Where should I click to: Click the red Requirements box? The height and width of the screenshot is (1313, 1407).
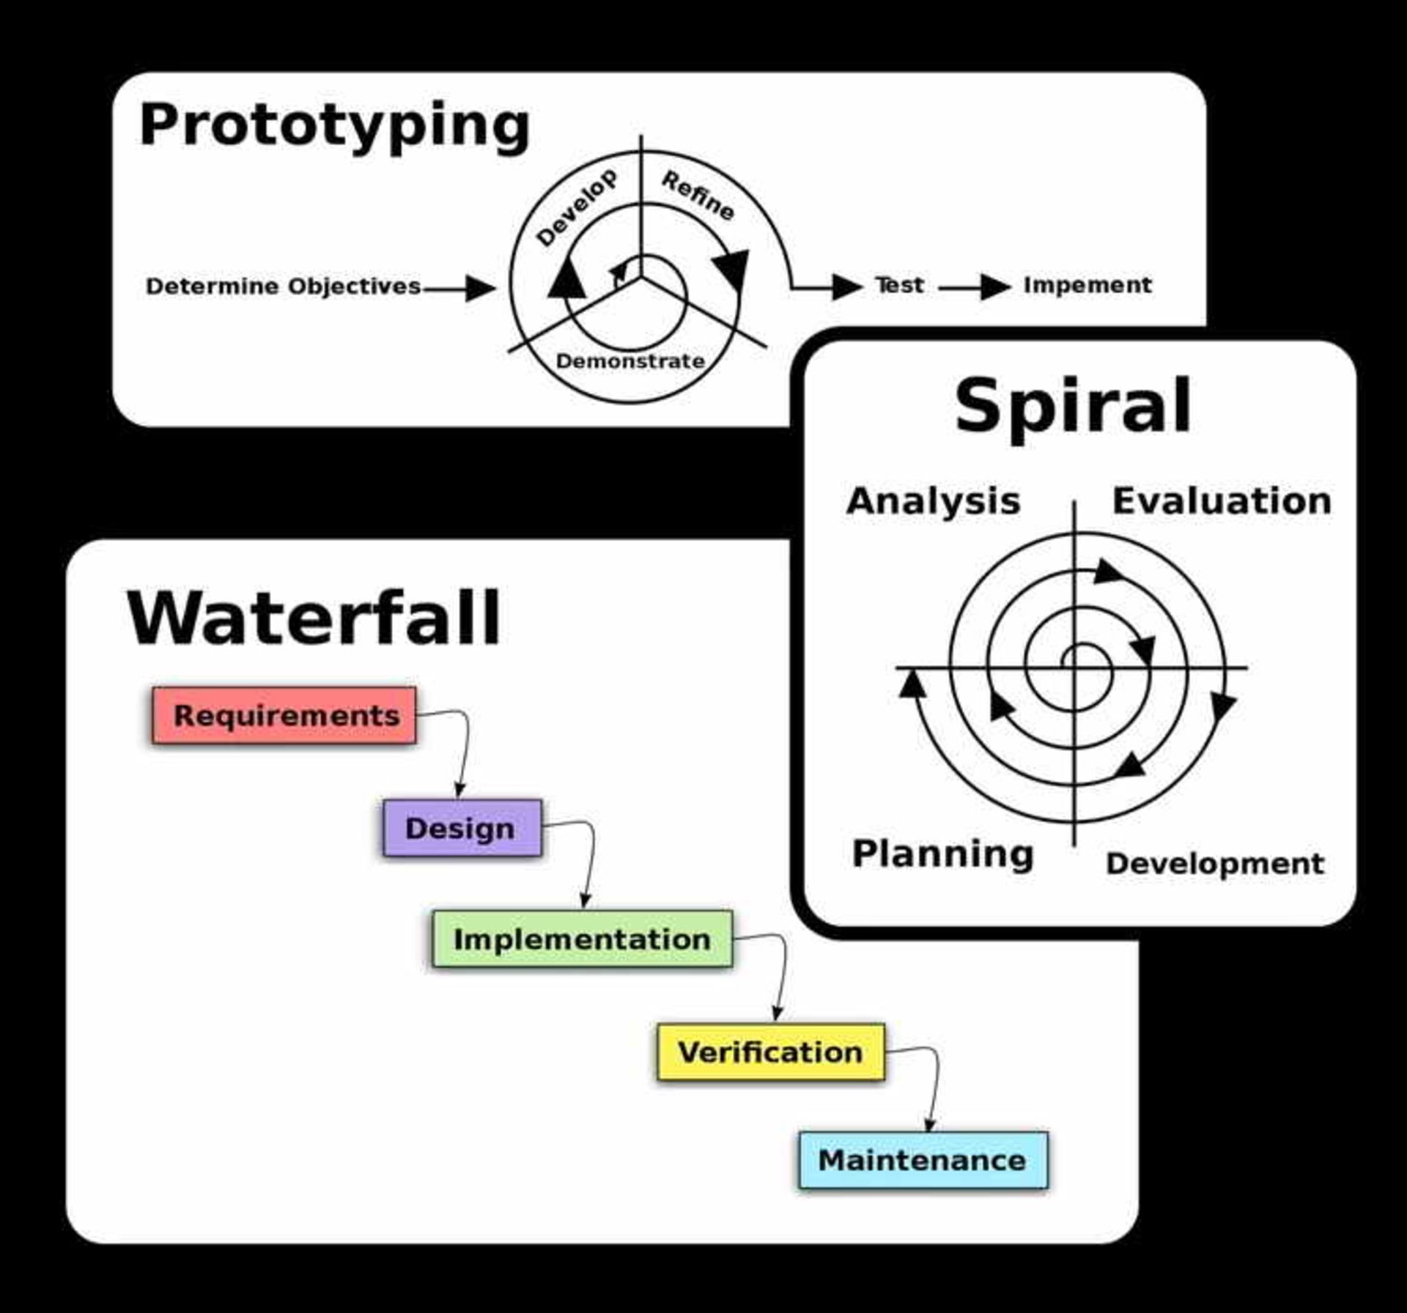pyautogui.click(x=284, y=715)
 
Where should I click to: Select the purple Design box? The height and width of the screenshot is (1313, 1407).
pyautogui.click(x=462, y=828)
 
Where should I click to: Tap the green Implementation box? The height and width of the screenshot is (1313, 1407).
pyautogui.click(x=582, y=939)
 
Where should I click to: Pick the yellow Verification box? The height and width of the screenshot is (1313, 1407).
pyautogui.click(x=770, y=1052)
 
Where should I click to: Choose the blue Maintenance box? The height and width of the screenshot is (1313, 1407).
pyautogui.click(x=923, y=1160)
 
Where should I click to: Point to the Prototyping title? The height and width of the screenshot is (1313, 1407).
pyautogui.click(x=334, y=125)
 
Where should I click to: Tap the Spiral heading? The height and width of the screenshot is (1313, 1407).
pyautogui.click(x=1073, y=407)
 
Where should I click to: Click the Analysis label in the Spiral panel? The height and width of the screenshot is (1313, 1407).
pyautogui.click(x=933, y=501)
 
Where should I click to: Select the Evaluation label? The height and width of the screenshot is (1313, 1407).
pyautogui.click(x=1222, y=501)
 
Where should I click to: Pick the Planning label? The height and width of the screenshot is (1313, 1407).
pyautogui.click(x=942, y=854)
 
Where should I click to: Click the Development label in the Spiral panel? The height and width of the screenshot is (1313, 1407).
pyautogui.click(x=1215, y=863)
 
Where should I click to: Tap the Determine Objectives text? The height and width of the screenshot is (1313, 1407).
pyautogui.click(x=283, y=286)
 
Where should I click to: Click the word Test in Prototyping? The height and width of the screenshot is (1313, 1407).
pyautogui.click(x=899, y=284)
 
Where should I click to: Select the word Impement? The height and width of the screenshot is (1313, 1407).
pyautogui.click(x=1087, y=284)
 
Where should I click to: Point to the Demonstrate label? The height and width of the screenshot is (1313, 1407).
pyautogui.click(x=630, y=360)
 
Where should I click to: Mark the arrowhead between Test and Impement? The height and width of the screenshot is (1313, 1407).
pyautogui.click(x=995, y=286)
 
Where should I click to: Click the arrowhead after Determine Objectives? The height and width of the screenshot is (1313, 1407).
pyautogui.click(x=480, y=288)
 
